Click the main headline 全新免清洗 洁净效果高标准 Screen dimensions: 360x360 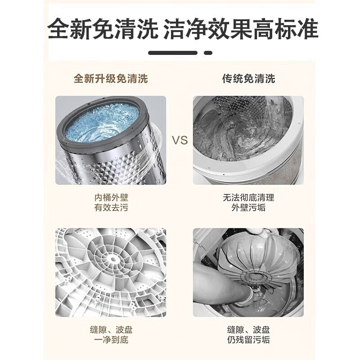click(183, 29)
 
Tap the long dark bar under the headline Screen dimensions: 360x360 click(173, 53)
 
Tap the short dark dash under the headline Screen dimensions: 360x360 click(208, 53)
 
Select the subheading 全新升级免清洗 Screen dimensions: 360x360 click(111, 78)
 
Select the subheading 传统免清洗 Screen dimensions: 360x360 click(249, 78)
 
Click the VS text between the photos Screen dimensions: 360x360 click(180, 140)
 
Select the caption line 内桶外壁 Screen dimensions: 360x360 click(111, 198)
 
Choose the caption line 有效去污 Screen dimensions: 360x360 click(111, 207)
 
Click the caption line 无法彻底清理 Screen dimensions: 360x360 click(248, 198)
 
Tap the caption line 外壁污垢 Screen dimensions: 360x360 click(248, 207)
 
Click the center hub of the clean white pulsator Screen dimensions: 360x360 click(113, 260)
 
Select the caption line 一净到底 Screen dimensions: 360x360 click(111, 340)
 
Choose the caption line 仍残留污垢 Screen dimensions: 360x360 click(248, 340)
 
